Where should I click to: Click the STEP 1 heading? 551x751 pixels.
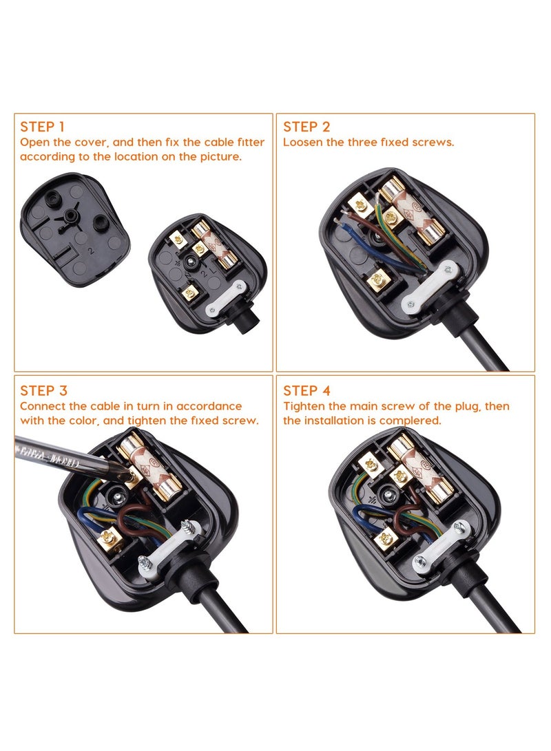click(42, 127)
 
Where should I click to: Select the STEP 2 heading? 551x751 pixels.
click(306, 127)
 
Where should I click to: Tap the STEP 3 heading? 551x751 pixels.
click(43, 391)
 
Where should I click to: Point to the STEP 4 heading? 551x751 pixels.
click(306, 391)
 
